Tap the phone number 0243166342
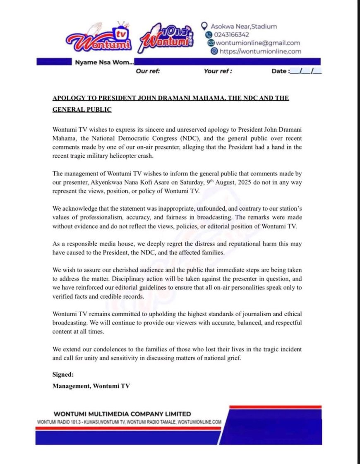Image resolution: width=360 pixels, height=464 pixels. click(x=231, y=34)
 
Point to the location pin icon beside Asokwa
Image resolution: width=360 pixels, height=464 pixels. click(x=204, y=26)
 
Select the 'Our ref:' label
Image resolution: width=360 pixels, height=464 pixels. click(x=148, y=71)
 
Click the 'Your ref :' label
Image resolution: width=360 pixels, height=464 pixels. click(x=218, y=71)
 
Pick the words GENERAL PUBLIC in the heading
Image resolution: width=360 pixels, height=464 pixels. click(x=82, y=110)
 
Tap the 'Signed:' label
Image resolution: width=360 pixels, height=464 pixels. click(x=63, y=375)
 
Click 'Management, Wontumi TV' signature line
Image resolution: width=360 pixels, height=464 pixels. click(x=91, y=386)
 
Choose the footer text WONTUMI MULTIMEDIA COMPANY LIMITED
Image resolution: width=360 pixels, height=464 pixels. click(x=122, y=414)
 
